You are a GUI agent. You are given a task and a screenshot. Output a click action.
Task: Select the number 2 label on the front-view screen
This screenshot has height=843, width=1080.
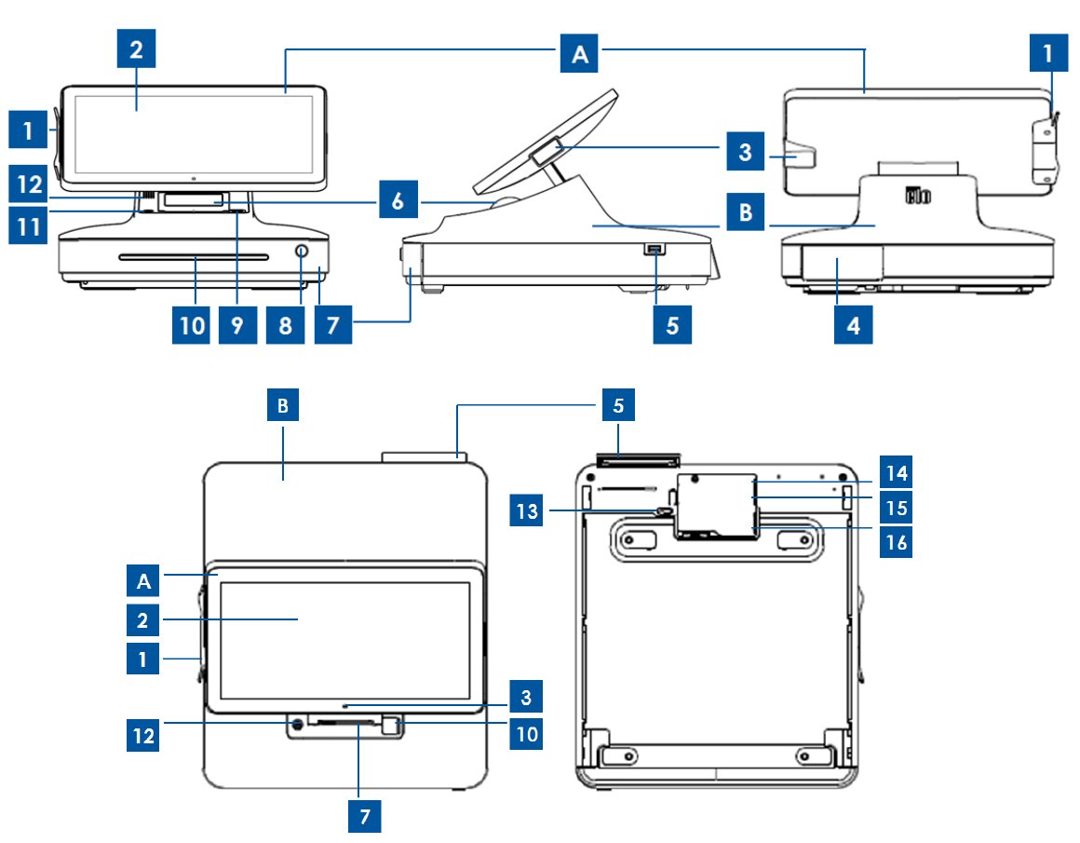(136, 51)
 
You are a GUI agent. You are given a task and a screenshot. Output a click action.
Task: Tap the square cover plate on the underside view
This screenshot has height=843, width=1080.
(715, 504)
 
